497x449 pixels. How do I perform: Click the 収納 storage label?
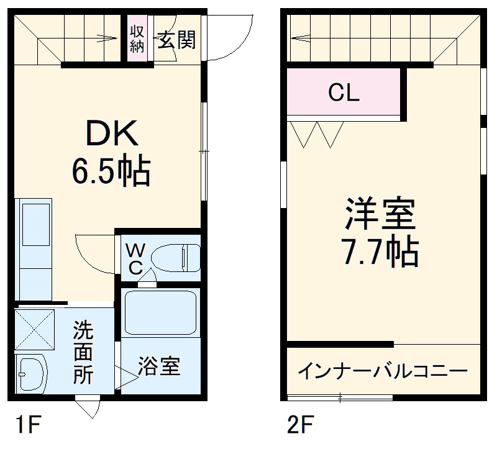pos(137,39)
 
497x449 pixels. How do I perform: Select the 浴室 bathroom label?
pos(159,366)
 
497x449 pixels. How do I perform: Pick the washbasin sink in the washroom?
pos(30,374)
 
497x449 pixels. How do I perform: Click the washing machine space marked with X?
pos(35,329)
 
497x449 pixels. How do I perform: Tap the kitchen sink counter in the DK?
pos(34,248)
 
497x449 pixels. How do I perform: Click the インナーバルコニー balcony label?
pos(383,371)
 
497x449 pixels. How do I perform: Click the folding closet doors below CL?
pos(317,134)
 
